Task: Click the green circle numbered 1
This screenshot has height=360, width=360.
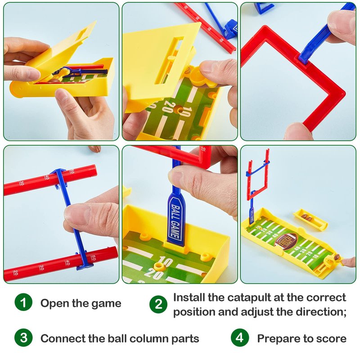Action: click(23, 302)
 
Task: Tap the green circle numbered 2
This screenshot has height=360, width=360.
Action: click(158, 305)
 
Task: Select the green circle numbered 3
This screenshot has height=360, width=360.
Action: click(23, 338)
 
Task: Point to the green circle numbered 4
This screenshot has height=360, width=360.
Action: click(240, 338)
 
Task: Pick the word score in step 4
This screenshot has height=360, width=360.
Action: click(331, 339)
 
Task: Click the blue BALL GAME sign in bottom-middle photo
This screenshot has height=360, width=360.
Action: click(176, 220)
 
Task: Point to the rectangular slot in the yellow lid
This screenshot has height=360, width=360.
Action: click(169, 60)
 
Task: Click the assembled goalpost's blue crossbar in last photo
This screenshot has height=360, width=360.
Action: click(257, 170)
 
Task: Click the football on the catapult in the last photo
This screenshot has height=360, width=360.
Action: click(337, 257)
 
